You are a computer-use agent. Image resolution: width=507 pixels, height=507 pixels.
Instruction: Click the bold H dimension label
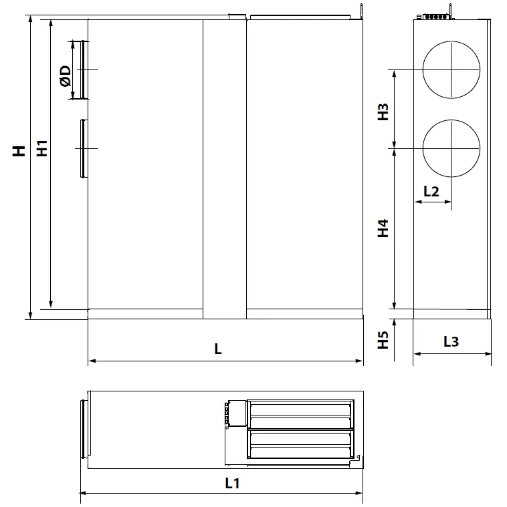[20, 150]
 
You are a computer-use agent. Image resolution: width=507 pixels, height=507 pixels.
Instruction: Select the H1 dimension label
[41, 148]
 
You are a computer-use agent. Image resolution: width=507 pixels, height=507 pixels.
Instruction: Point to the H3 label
[383, 112]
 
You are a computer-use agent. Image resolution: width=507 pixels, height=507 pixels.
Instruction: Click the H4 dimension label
[383, 228]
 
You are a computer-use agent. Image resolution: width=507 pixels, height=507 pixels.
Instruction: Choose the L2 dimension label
[431, 192]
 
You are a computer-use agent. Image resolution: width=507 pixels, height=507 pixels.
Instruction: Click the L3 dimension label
[451, 341]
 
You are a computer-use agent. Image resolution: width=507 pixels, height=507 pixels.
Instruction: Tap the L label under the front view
[218, 349]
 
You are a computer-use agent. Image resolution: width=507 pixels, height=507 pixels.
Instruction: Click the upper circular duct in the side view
[451, 69]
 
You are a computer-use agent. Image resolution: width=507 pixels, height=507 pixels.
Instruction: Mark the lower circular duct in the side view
[451, 148]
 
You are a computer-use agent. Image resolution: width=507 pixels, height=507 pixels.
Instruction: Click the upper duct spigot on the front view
[80, 69]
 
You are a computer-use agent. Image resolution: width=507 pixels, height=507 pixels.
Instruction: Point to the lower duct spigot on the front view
[83, 148]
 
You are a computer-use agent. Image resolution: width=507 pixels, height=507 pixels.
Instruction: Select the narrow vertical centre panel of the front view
[224, 167]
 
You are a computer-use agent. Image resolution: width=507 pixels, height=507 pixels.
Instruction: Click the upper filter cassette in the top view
[299, 414]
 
